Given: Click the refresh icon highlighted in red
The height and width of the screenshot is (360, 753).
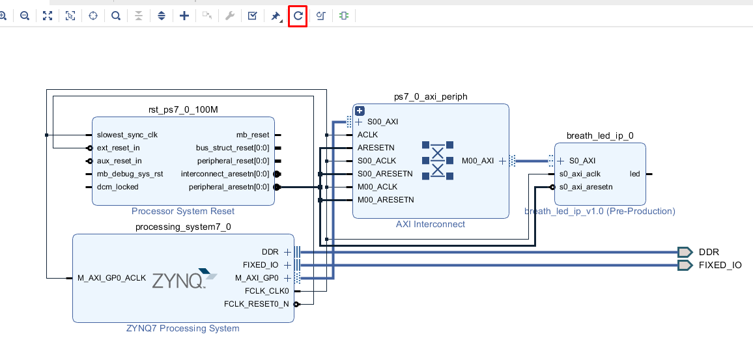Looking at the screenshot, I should tap(298, 16).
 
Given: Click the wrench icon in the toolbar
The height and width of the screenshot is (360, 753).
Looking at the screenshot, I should tap(229, 16).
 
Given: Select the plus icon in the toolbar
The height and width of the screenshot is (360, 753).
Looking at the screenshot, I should tap(184, 16).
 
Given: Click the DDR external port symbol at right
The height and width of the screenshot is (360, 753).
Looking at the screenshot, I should tap(685, 252).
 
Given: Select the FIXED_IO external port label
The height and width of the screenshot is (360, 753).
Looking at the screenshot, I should tap(720, 265).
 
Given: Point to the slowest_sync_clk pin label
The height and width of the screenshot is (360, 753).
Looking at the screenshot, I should tap(127, 135).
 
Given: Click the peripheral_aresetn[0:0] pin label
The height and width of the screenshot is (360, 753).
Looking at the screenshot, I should tap(229, 187).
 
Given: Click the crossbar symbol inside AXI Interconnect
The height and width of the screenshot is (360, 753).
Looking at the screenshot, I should tap(438, 160).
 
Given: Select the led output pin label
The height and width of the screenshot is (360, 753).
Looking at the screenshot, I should tap(634, 174).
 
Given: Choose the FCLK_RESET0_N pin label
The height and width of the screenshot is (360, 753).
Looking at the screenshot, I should tap(256, 304).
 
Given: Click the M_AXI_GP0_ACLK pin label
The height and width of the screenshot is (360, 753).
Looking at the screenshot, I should tap(111, 278).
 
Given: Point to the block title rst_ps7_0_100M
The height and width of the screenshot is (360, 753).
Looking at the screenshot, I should tap(183, 109).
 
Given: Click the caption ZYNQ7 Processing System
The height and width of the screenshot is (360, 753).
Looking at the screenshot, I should tap(182, 328).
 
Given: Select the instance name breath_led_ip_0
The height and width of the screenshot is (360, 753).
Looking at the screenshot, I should tap(600, 135).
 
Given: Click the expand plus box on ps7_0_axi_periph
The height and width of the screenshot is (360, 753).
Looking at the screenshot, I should tap(359, 111).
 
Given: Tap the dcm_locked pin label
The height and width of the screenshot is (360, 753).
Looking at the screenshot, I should tap(117, 187).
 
